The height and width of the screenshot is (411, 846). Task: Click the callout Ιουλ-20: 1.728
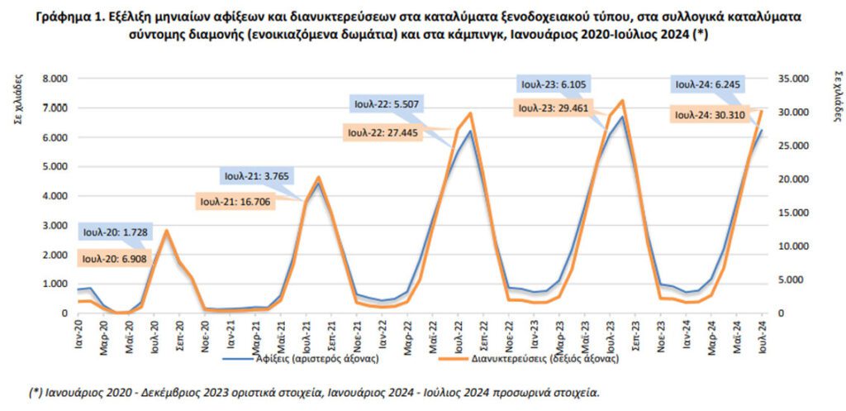point(114,232)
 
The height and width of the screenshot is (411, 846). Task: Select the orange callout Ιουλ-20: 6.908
point(114,258)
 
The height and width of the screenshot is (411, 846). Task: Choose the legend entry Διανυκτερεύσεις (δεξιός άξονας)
point(545,360)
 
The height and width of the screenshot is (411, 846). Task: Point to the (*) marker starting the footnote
point(36,392)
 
